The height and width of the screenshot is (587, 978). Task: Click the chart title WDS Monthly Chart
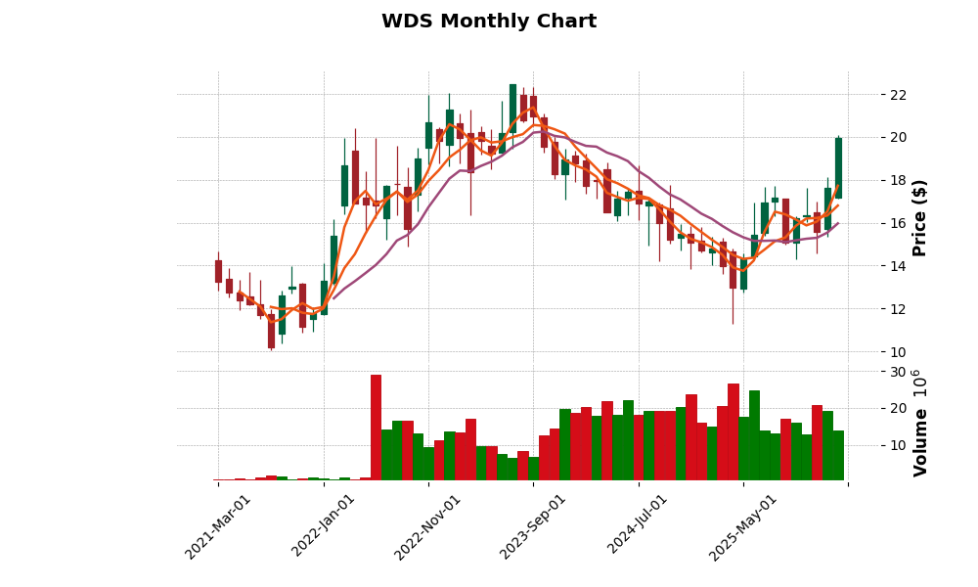point(489,22)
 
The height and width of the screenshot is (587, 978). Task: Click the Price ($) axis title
point(919,217)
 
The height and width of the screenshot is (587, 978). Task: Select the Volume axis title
point(919,423)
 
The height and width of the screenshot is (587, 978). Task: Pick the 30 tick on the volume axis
point(897,373)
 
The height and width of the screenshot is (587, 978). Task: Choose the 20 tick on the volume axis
point(897,409)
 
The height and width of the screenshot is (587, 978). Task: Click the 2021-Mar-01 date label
point(219,526)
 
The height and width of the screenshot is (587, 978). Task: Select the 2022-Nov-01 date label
point(429,526)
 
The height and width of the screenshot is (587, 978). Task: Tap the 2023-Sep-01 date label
point(534,526)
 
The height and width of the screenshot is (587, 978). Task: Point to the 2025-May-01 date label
point(744,526)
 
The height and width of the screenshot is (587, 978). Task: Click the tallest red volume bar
point(376,428)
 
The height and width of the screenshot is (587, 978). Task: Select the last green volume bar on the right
point(838,455)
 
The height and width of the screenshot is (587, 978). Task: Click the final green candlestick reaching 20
point(838,167)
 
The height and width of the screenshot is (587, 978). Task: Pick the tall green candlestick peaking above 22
point(512,108)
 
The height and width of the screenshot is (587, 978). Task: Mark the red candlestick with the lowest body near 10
point(271,331)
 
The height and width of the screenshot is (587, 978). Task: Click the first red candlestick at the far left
point(218,271)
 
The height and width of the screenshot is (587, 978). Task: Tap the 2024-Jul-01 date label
point(639,526)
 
